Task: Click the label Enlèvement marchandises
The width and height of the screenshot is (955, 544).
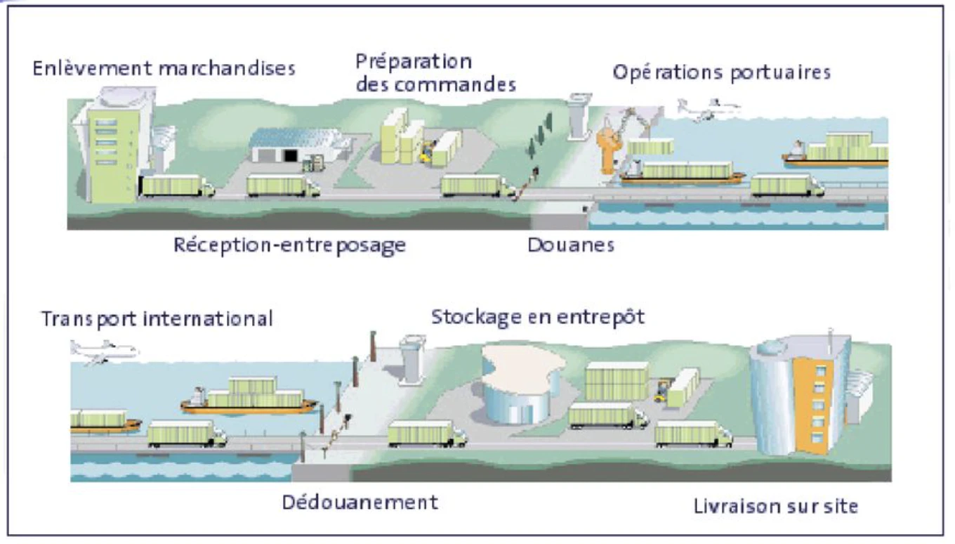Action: coord(164,69)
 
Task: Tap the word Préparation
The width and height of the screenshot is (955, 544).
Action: coord(414,62)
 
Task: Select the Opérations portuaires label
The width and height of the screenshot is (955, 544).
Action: coord(722,72)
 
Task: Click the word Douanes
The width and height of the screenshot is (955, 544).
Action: coord(571,245)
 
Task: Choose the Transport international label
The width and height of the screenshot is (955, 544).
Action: coord(157,319)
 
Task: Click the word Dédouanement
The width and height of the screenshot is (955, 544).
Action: coord(360,503)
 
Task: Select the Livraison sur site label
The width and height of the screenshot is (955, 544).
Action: coord(776,507)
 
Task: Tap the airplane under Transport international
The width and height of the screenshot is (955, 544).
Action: coord(104,352)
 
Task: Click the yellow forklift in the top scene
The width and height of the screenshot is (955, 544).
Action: coord(427,152)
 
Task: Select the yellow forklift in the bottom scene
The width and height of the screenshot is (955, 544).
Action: coord(662,391)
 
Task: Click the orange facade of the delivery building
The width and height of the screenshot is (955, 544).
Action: coord(813,404)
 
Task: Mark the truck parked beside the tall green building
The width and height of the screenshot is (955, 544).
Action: coord(177,186)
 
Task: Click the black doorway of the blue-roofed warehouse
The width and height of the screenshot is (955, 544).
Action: coord(290,155)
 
